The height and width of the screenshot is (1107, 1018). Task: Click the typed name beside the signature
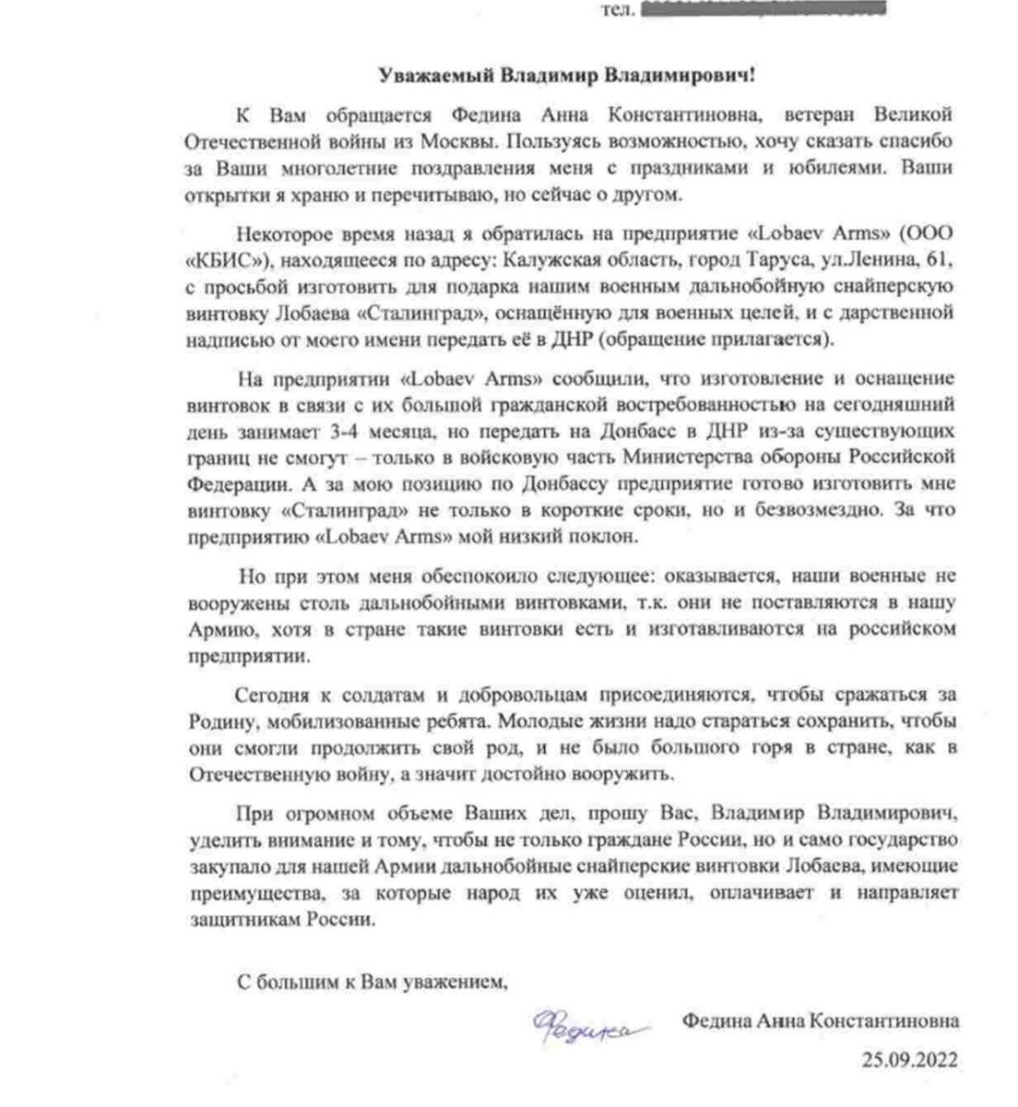tap(820, 1021)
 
